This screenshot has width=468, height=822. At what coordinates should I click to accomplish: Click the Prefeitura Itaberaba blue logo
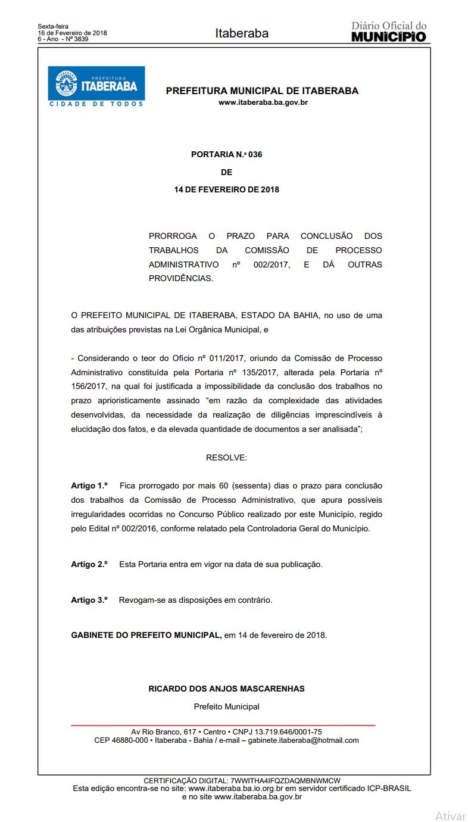pos(96,86)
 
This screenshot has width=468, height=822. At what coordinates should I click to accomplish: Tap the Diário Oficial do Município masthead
pos(389,32)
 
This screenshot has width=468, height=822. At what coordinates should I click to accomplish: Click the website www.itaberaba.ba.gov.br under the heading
pos(263,102)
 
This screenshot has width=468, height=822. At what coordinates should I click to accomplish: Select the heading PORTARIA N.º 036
pos(226,154)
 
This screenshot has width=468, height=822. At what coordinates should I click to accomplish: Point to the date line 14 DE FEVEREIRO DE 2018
pos(226,190)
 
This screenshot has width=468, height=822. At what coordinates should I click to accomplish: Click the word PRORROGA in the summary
pos(173,236)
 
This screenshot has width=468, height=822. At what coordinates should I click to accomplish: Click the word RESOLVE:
pos(226,457)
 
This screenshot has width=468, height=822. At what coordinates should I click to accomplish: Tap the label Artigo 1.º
pos(89,486)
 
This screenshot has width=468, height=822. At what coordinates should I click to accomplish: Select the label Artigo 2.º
pos(89,563)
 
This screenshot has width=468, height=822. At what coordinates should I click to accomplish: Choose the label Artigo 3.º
pos(89,600)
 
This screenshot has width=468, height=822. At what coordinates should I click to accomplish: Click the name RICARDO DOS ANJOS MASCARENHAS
pos(226,689)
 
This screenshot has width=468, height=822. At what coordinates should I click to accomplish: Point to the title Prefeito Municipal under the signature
pos(226,706)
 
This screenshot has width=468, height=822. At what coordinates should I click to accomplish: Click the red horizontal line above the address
pos(223,725)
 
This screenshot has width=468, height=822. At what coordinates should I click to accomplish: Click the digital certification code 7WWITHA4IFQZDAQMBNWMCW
pos(285,780)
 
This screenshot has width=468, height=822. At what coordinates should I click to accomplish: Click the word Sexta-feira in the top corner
pos(53,26)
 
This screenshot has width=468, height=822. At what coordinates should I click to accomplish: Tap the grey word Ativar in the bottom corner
pos(450,815)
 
